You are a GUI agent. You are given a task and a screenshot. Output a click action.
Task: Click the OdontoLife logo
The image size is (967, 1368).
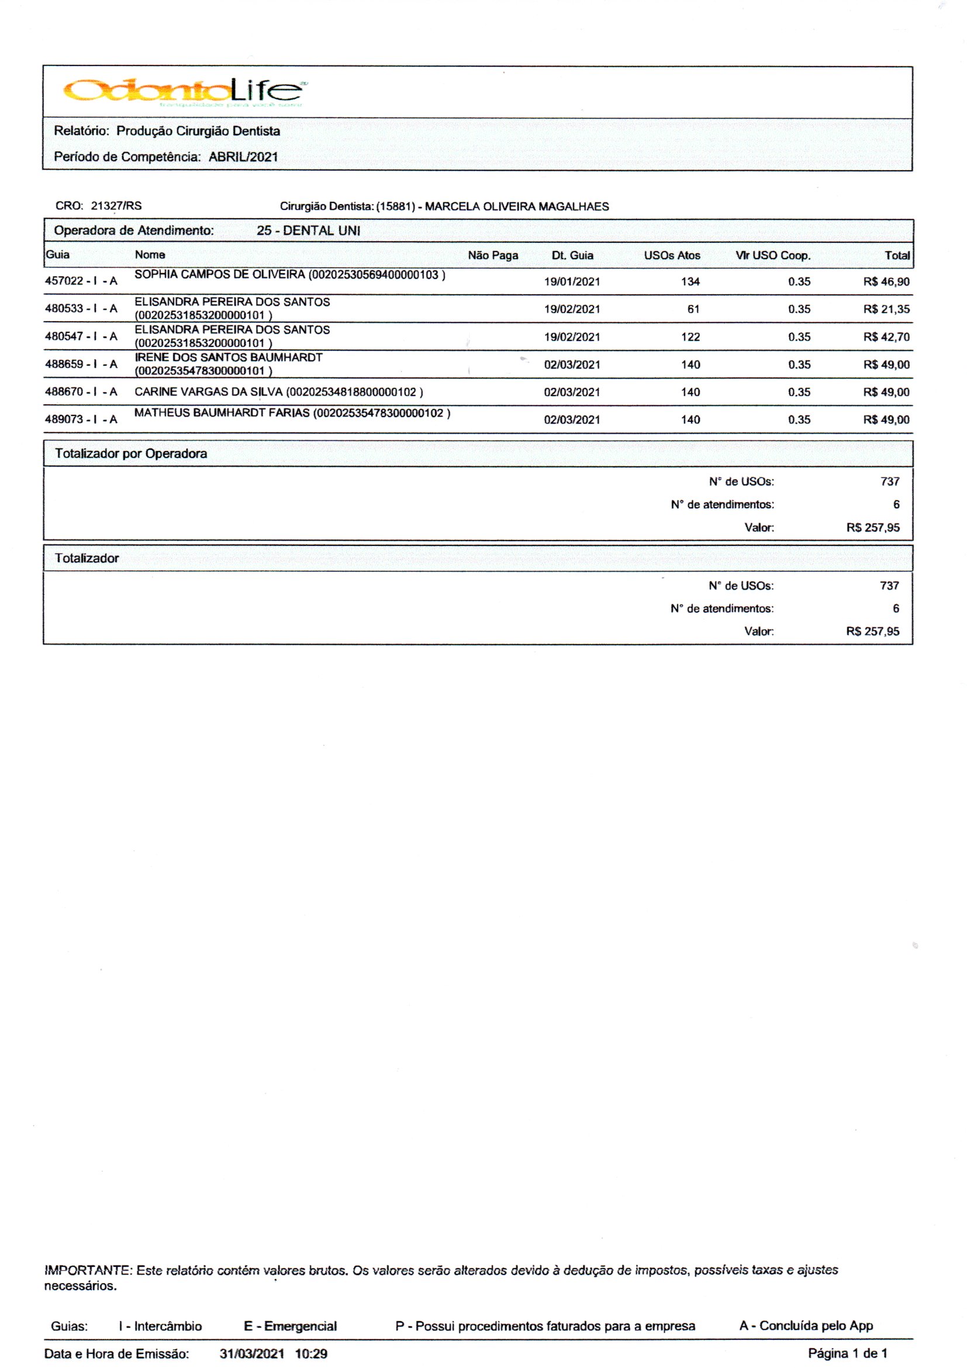click(185, 91)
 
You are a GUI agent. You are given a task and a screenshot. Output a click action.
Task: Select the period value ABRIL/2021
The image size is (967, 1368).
click(243, 157)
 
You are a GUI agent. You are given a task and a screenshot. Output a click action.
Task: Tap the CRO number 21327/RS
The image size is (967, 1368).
click(116, 206)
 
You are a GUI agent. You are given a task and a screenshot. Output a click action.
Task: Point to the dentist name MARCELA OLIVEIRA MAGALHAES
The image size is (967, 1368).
click(516, 207)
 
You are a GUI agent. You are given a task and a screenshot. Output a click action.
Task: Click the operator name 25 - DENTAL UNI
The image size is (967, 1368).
click(308, 231)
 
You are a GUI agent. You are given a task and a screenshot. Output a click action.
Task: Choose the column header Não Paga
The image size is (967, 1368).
click(492, 256)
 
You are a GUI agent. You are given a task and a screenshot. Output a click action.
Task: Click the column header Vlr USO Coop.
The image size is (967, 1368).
click(772, 256)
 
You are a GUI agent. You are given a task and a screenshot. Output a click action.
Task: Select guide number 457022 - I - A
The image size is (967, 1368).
click(81, 281)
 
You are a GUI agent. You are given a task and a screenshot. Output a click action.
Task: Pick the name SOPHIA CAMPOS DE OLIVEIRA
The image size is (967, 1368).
click(220, 274)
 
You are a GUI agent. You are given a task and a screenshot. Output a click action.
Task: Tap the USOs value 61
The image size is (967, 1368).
click(693, 309)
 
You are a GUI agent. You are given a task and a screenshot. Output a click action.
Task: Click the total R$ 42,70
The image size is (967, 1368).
click(886, 337)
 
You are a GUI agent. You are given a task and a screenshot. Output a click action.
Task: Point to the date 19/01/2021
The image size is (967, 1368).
click(572, 282)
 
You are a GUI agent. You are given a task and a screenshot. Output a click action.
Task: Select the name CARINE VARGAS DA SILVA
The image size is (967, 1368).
click(208, 392)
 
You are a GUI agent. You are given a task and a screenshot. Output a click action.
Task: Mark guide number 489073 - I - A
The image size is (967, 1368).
click(81, 420)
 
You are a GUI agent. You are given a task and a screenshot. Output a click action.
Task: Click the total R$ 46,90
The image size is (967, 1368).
click(886, 282)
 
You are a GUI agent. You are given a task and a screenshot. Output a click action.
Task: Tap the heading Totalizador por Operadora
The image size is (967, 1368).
click(131, 453)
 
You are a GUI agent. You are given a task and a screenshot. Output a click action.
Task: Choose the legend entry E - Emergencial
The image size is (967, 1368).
click(290, 1326)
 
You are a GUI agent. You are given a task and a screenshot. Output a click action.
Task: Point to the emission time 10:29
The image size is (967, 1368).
click(311, 1354)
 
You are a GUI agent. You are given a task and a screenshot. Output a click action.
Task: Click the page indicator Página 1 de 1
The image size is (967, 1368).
click(847, 1353)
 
